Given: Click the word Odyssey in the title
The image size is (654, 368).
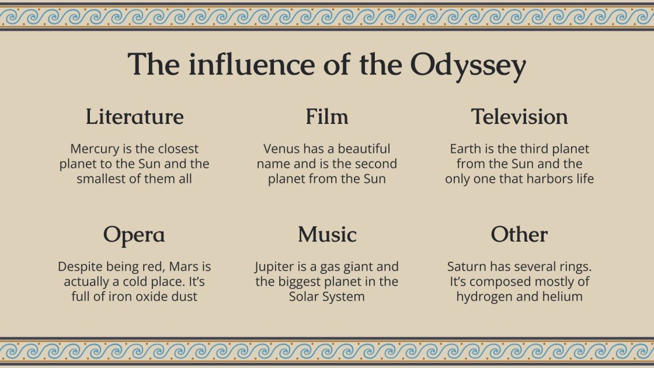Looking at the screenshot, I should (468, 65).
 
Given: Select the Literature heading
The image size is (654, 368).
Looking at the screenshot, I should (134, 117).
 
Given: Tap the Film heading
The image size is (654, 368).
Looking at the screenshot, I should (327, 117).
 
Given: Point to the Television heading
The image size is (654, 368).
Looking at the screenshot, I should (519, 117).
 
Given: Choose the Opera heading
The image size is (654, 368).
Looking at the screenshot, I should (134, 235).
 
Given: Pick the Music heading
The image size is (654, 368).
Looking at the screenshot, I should (327, 235).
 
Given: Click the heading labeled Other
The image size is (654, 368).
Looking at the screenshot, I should (519, 235).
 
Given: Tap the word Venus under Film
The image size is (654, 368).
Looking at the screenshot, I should (282, 149).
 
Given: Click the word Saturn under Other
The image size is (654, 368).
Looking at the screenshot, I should (467, 267).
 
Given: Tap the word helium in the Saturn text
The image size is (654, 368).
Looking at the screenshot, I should (564, 297).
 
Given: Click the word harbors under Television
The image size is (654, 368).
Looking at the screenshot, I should (538, 179).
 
